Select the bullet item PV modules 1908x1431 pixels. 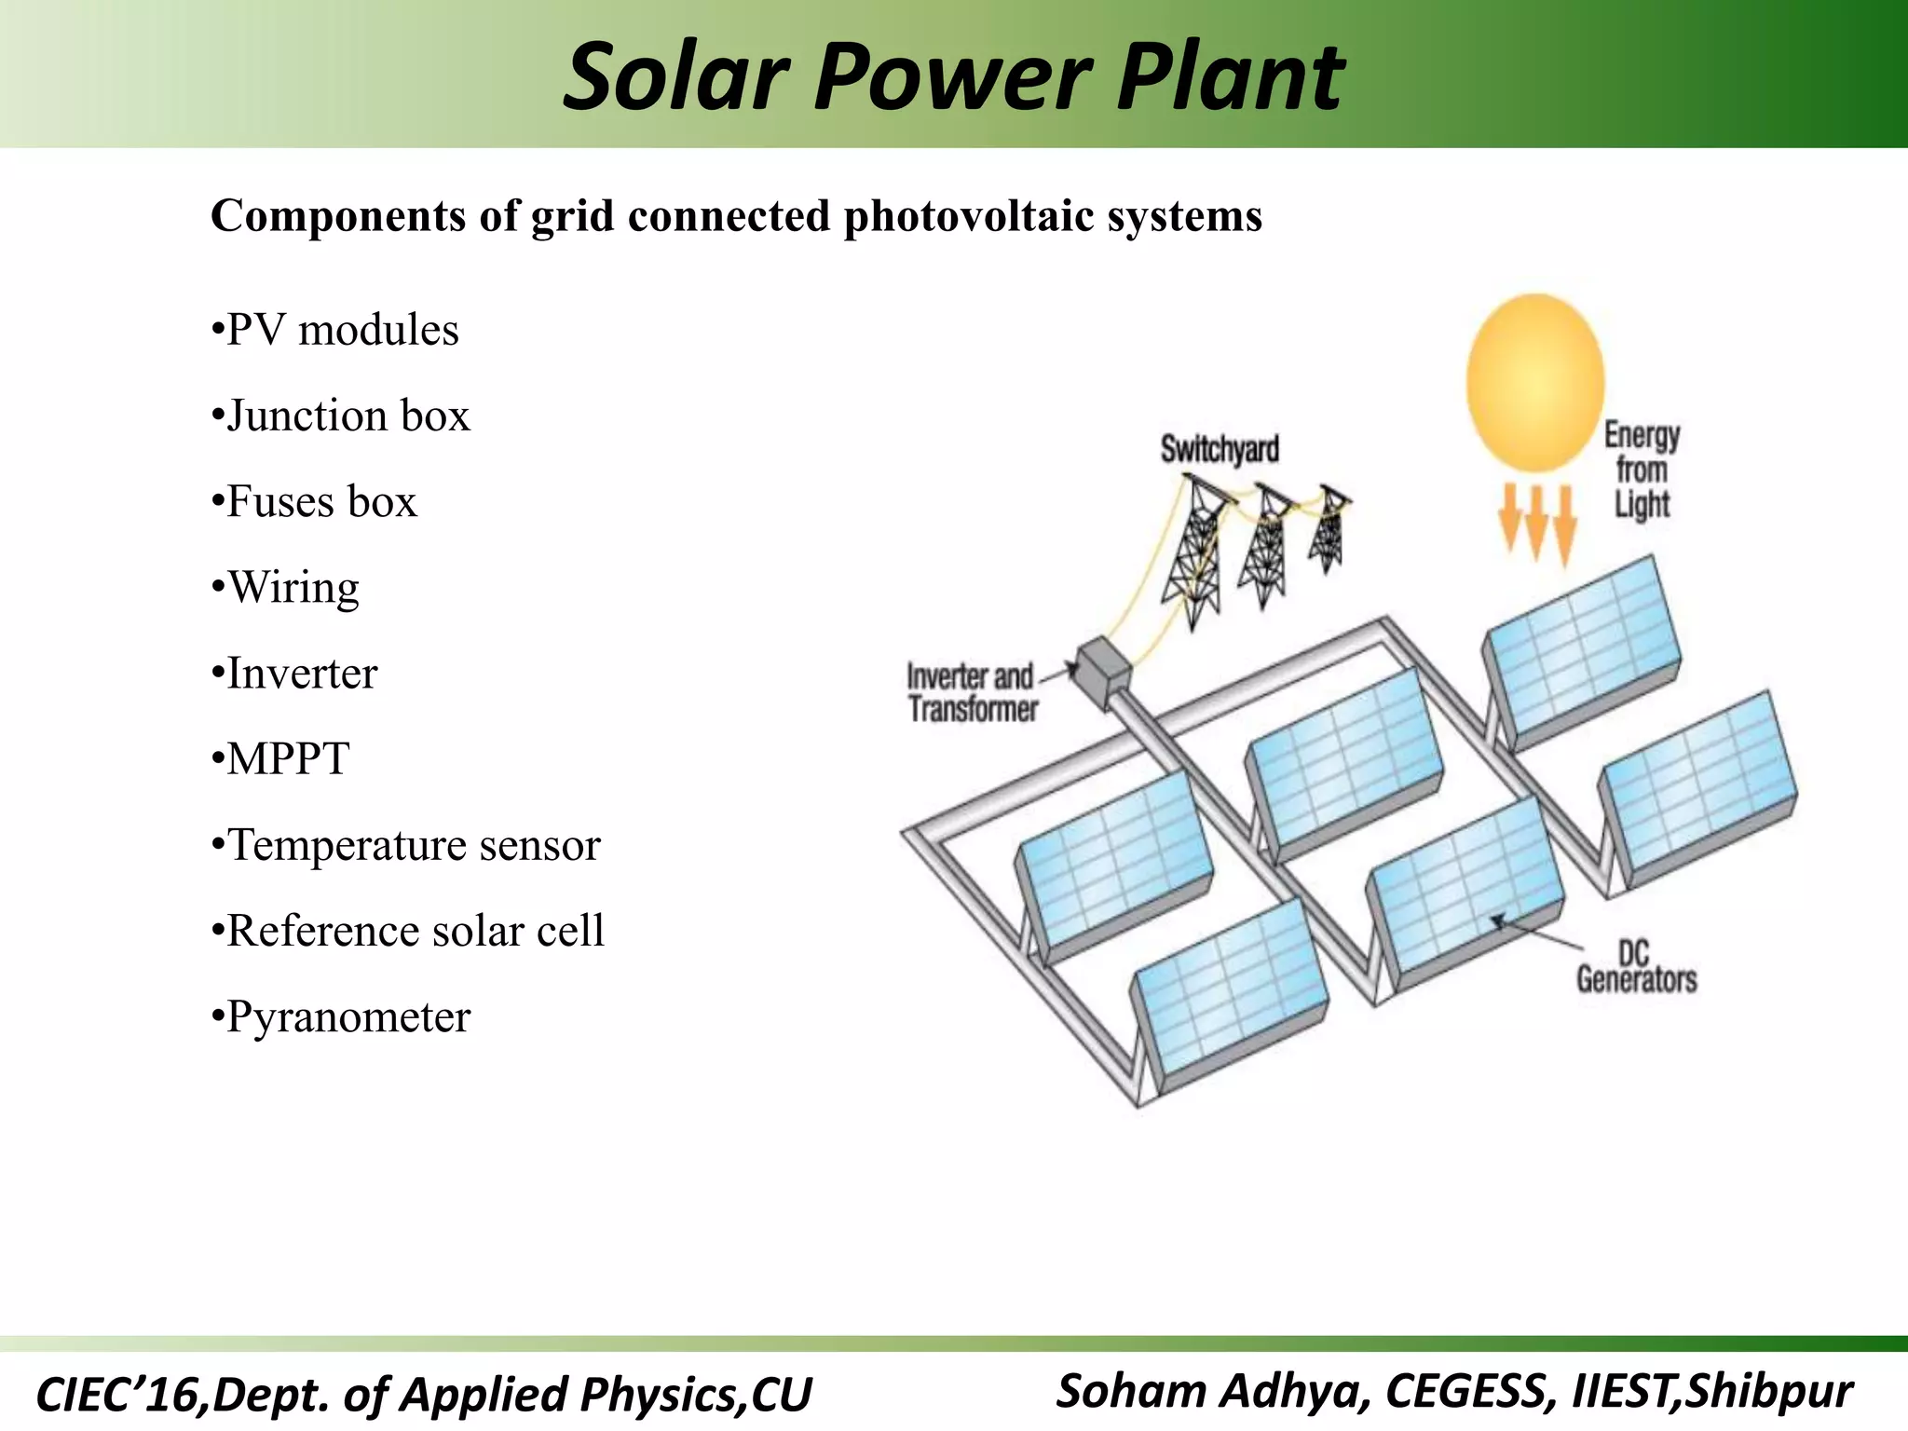click(335, 330)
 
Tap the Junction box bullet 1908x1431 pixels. click(341, 416)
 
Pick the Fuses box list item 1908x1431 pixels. click(315, 501)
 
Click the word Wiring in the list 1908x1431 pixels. click(293, 588)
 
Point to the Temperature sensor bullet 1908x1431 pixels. click(406, 845)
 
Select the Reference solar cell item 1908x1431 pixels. click(408, 931)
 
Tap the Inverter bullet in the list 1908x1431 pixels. click(294, 674)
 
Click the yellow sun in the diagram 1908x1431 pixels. click(1534, 382)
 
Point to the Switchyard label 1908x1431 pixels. click(1219, 450)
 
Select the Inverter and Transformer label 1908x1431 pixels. click(972, 692)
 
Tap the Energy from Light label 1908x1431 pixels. click(1642, 470)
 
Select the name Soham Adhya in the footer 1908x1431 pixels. click(1211, 1391)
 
